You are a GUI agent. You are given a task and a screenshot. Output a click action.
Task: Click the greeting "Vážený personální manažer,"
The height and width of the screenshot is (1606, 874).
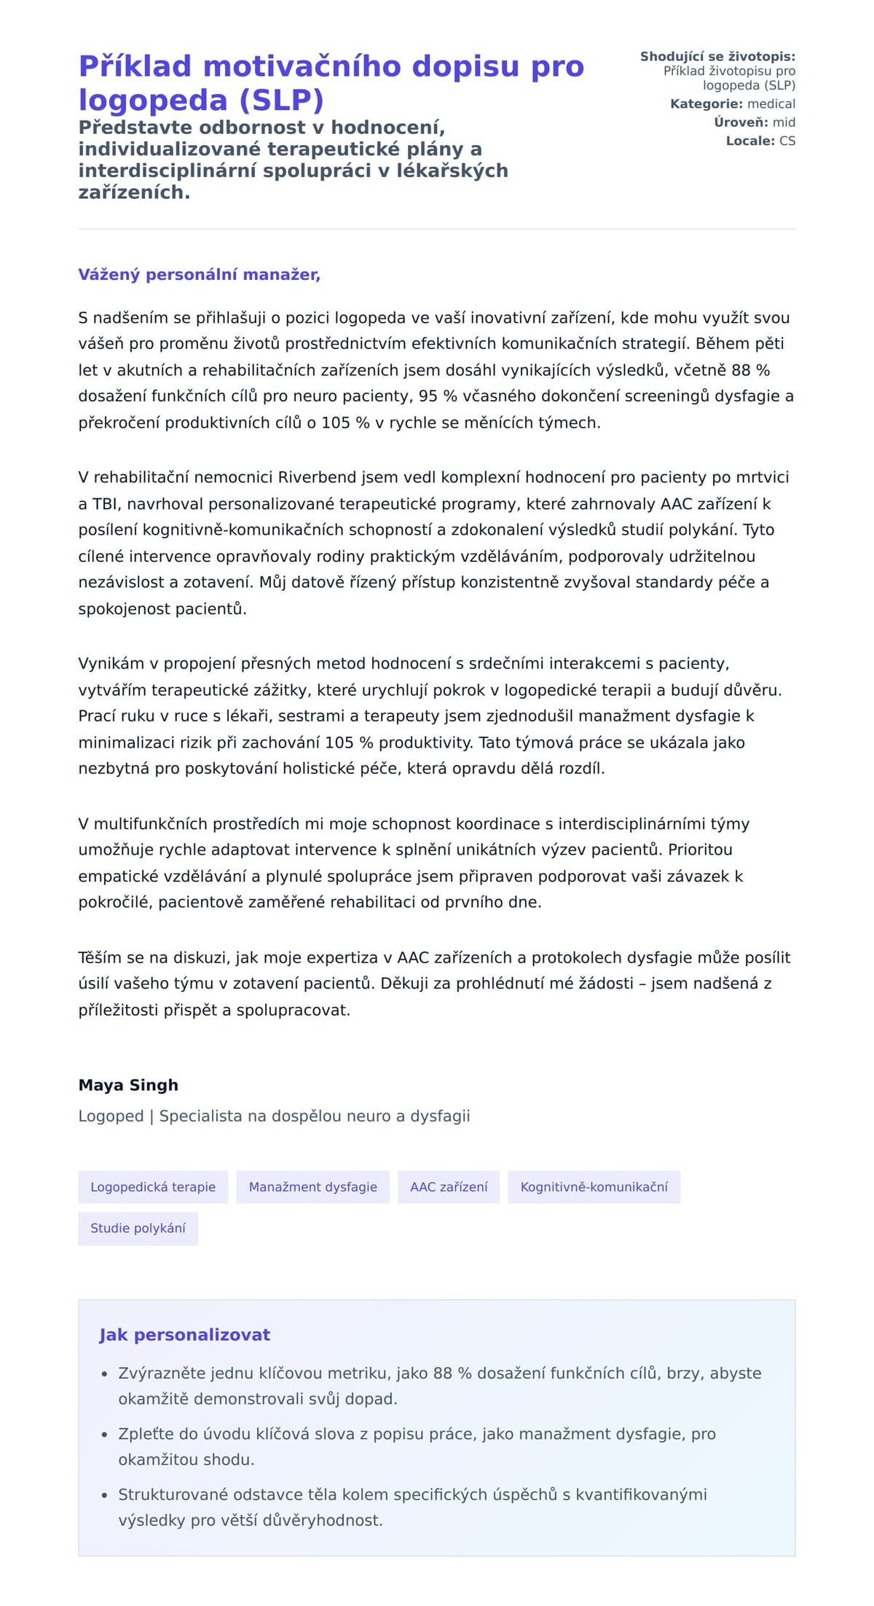click(x=199, y=275)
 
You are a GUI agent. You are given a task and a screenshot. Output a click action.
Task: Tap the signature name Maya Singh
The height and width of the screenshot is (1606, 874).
click(x=128, y=1085)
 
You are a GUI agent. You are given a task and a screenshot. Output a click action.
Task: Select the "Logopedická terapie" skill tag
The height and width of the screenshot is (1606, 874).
click(x=153, y=1187)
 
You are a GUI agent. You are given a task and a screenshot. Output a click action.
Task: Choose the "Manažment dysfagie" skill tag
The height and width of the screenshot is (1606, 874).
click(x=313, y=1187)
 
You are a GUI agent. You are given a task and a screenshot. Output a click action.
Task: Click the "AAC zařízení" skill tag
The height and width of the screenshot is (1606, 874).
click(x=449, y=1187)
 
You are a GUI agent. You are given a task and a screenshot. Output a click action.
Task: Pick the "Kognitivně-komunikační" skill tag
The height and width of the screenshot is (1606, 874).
click(x=594, y=1187)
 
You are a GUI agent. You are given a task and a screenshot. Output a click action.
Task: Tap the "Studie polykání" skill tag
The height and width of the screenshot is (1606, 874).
click(x=138, y=1228)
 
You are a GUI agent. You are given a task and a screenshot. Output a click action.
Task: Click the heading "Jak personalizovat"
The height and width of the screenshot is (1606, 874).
click(x=184, y=1335)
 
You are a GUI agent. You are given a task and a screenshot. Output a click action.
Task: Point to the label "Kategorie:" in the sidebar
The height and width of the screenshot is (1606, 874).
click(x=706, y=104)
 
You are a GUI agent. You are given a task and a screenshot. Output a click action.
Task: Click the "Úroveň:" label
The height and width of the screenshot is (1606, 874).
click(x=741, y=122)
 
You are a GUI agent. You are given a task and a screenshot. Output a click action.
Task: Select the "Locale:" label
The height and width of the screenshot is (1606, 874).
click(x=750, y=141)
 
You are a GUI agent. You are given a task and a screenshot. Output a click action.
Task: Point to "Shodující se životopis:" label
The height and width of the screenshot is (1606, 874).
click(x=717, y=57)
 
